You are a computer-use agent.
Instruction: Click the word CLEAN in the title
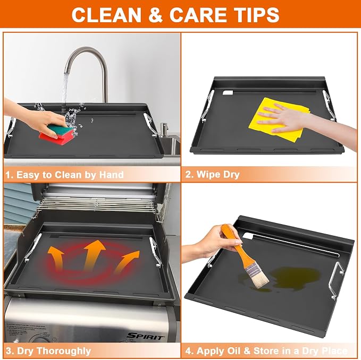(x=106, y=15)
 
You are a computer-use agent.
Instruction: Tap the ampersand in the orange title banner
(x=156, y=15)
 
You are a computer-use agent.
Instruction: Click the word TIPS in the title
(x=256, y=15)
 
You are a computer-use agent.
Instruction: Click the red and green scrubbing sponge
(x=57, y=134)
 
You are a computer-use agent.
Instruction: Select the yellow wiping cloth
(x=280, y=119)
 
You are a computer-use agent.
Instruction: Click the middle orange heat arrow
(x=95, y=255)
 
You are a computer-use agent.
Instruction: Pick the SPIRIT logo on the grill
(x=146, y=336)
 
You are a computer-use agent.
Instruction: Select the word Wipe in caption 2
(x=206, y=175)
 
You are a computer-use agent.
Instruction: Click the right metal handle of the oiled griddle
(x=337, y=280)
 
